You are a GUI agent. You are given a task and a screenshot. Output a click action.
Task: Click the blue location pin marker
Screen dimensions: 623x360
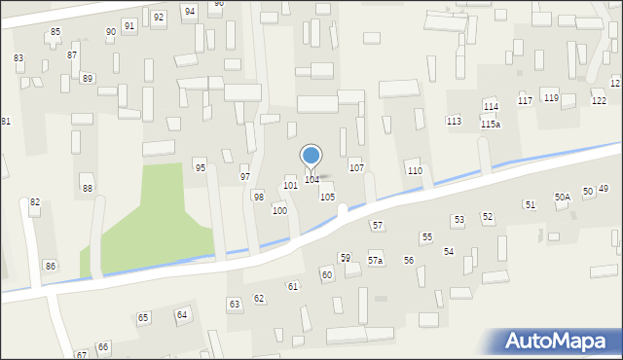pos(311,156)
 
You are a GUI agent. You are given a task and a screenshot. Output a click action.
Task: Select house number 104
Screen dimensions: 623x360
pos(311,179)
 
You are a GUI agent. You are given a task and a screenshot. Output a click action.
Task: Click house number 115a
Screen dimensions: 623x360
pos(491,125)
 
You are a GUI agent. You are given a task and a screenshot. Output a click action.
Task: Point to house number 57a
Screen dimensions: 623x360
pos(376,261)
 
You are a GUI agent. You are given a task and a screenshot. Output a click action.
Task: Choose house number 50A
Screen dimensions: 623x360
pos(563,197)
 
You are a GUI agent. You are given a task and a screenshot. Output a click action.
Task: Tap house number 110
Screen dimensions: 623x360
pos(415,170)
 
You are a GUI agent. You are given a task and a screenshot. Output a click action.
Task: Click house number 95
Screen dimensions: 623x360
pos(201,167)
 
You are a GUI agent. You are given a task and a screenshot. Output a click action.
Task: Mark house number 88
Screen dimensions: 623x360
pos(88,189)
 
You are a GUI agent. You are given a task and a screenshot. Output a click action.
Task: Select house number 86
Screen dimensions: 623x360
pos(51,266)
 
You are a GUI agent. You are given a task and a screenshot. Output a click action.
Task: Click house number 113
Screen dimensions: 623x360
pos(454,121)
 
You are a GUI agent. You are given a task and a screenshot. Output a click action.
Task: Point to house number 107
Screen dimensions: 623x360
pos(357,167)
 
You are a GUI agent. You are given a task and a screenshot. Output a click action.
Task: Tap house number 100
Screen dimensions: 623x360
pos(279,210)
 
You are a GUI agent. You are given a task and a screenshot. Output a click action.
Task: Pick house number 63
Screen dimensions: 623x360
pos(235,305)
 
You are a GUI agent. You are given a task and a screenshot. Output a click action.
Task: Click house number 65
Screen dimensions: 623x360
pos(143,318)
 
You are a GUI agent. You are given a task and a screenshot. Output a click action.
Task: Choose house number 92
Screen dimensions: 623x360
pos(159,18)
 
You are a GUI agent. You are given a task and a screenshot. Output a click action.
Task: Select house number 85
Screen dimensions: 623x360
pos(55,32)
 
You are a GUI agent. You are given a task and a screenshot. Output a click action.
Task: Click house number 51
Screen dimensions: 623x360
pos(530,204)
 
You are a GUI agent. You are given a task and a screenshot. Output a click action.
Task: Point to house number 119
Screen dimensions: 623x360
pos(551,97)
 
